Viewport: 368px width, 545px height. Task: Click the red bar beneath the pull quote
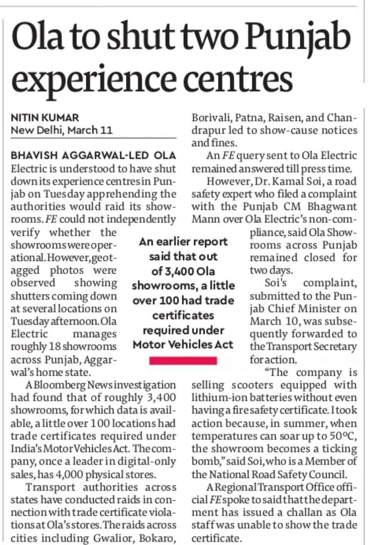coord(183,360)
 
